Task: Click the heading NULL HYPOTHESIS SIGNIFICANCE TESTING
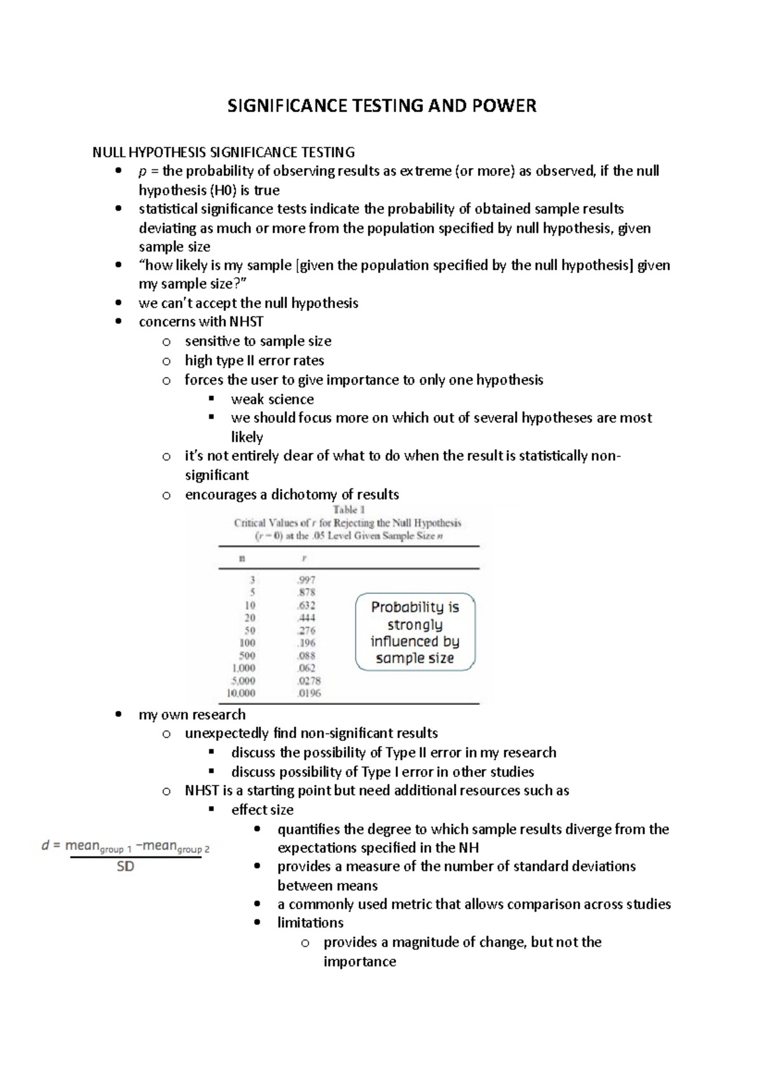(x=223, y=152)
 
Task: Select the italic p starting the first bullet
(x=141, y=172)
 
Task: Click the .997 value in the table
(x=306, y=580)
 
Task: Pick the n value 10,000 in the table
(x=241, y=693)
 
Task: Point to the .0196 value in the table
(x=309, y=693)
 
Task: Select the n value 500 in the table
(x=246, y=655)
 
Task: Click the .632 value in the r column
(x=306, y=605)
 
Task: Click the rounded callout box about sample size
(x=415, y=632)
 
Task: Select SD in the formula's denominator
(x=125, y=866)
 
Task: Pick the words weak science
(x=272, y=399)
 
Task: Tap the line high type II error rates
(x=254, y=360)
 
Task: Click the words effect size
(x=262, y=810)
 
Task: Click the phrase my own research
(x=192, y=714)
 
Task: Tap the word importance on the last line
(x=360, y=961)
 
